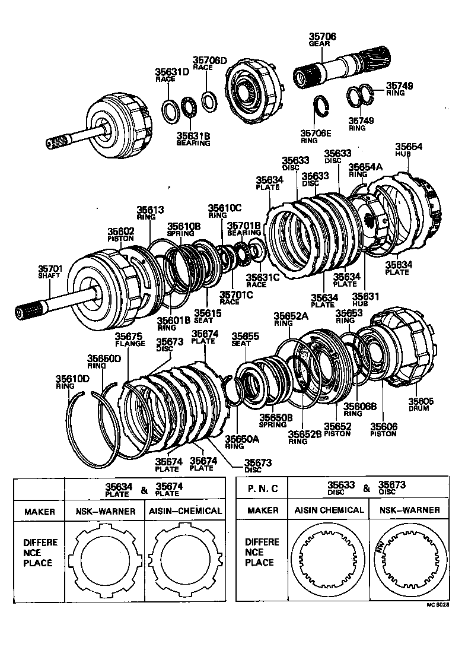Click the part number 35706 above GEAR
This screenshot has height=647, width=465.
[323, 36]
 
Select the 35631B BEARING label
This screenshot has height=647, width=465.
[193, 139]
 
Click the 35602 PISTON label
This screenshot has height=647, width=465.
[121, 234]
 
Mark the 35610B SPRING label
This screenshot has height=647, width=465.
[183, 229]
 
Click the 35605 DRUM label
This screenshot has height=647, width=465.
[421, 405]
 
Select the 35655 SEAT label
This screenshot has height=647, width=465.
[245, 339]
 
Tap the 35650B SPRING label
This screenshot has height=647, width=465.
[276, 421]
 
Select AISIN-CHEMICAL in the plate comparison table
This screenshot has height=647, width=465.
[186, 510]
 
